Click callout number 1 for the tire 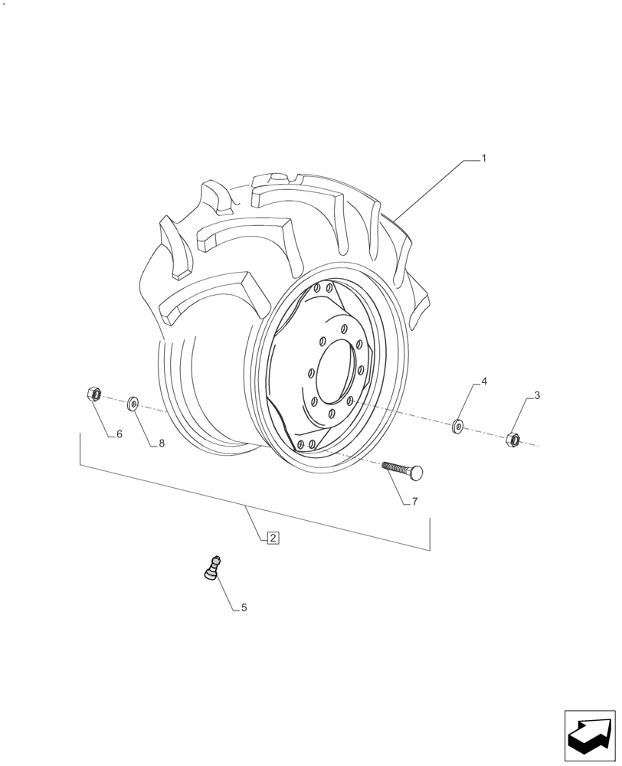[x=484, y=159]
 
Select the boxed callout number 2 [x=273, y=537]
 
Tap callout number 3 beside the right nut [x=537, y=396]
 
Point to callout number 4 [x=484, y=381]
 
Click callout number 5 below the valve [x=244, y=608]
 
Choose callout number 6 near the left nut [x=119, y=434]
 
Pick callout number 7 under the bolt [x=414, y=502]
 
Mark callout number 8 [x=161, y=443]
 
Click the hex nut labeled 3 [x=513, y=440]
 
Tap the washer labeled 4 [x=459, y=424]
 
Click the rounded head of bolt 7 [x=417, y=474]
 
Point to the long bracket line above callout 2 [x=253, y=506]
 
